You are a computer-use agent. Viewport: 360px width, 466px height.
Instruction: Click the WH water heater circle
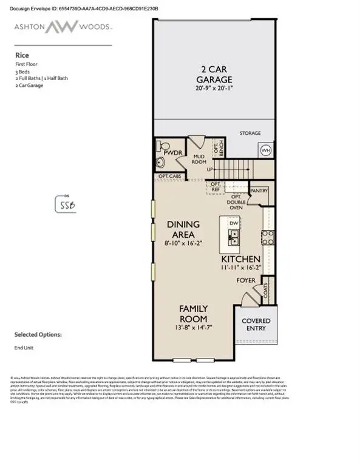point(265,150)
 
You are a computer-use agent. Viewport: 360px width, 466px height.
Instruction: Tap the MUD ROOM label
point(200,160)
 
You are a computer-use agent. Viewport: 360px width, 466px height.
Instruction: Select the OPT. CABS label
point(170,177)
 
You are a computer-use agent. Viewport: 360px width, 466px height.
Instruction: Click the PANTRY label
point(259,191)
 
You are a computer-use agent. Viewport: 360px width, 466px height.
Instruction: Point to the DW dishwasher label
point(234,223)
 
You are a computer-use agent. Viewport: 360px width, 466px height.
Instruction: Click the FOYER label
point(245,281)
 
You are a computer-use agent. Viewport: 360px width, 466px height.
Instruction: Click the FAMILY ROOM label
point(193,314)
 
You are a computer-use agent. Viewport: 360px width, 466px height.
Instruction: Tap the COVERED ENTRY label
point(256,325)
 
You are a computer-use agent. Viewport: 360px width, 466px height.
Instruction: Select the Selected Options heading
point(38,334)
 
